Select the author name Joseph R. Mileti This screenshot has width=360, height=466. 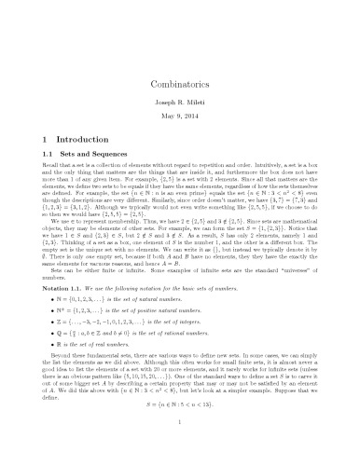pyautogui.click(x=179, y=76)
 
